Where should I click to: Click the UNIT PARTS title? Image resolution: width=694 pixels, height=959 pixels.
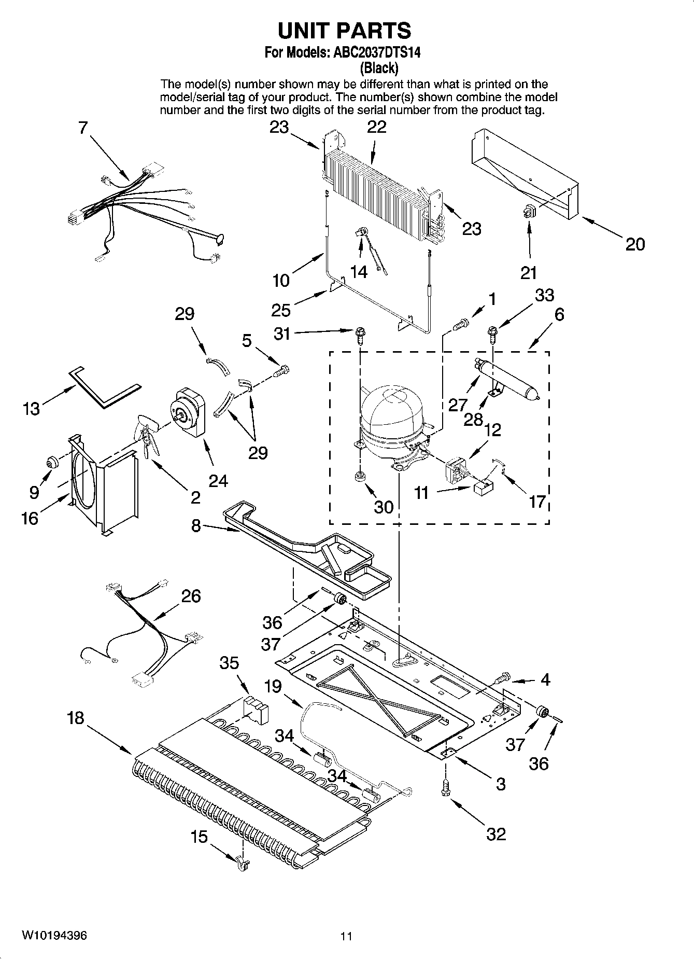coord(344,31)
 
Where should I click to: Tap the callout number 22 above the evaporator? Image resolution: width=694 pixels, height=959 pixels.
coord(377,127)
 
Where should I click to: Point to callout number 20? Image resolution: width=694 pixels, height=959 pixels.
coord(634,244)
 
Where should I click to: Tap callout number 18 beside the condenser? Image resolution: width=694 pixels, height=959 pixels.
coord(76,718)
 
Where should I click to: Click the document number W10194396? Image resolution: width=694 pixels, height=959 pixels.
coord(54,936)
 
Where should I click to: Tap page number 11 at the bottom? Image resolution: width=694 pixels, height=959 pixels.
coord(346,936)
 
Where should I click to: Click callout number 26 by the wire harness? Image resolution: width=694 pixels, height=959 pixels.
coord(191,596)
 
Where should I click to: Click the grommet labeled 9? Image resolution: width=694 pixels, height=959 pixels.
coord(52,461)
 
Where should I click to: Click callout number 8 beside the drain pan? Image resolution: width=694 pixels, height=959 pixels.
coord(196,525)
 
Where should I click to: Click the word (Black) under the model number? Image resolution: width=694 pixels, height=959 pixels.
coord(379,67)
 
